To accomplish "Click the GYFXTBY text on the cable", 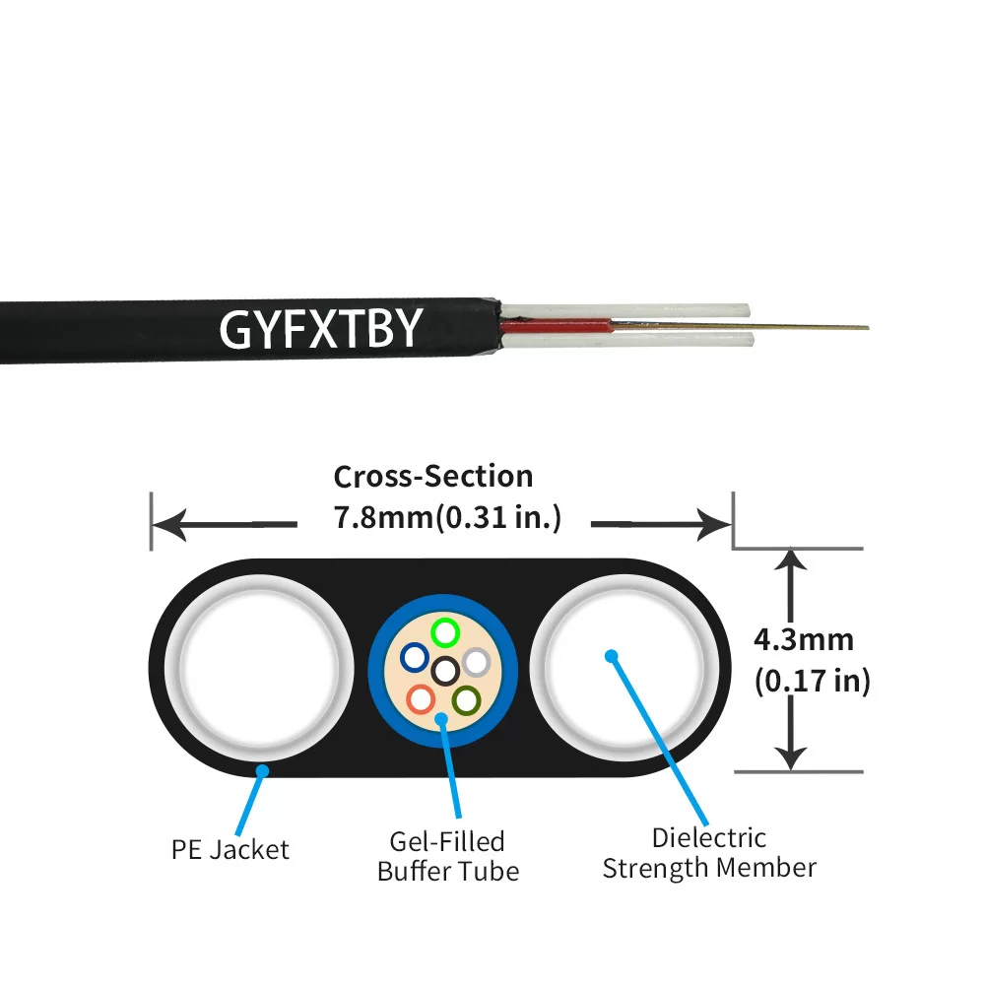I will (x=321, y=329).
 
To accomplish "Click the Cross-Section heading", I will (x=432, y=477).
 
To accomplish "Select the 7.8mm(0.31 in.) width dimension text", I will (x=448, y=517).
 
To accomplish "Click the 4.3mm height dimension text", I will (x=803, y=639).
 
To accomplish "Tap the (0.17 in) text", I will (x=812, y=681).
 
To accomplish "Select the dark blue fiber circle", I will (x=415, y=657).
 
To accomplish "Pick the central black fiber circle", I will (x=445, y=671).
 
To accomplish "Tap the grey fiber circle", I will (x=477, y=662).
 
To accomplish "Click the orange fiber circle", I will (x=421, y=698).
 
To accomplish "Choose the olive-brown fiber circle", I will (x=465, y=699).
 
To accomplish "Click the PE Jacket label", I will (x=230, y=849).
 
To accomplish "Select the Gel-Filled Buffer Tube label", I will (x=447, y=856).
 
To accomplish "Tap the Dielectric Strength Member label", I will (x=709, y=853).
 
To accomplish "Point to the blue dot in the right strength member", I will (x=611, y=655).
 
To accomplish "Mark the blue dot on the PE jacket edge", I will (x=262, y=771).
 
